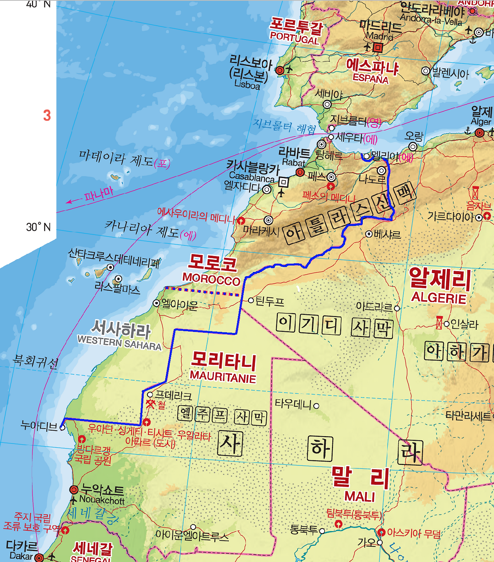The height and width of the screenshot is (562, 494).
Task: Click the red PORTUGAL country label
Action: (294, 38)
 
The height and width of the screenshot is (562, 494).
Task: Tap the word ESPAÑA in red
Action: (370, 78)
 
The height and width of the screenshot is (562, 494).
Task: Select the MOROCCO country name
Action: (211, 278)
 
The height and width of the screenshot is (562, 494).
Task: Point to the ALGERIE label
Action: (439, 298)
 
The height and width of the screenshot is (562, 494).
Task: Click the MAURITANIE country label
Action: (223, 377)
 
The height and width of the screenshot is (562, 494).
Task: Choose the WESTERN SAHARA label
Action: (119, 343)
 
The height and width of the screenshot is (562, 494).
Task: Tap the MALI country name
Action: (360, 496)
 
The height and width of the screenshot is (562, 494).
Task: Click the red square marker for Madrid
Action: (378, 48)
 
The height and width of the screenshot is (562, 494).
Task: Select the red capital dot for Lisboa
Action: (280, 70)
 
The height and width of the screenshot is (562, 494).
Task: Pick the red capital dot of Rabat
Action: (300, 172)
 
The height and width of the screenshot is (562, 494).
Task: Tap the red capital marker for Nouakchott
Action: (74, 490)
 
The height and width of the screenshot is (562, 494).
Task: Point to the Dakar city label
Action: (21, 556)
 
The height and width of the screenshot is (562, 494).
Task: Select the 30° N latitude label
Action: (38, 227)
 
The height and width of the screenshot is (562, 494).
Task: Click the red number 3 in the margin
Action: (47, 115)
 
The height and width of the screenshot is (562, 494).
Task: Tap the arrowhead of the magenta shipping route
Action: (68, 201)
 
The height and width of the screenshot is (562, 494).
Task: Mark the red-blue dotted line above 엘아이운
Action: (203, 291)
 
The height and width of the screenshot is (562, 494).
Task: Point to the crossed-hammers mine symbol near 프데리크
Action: (150, 404)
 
